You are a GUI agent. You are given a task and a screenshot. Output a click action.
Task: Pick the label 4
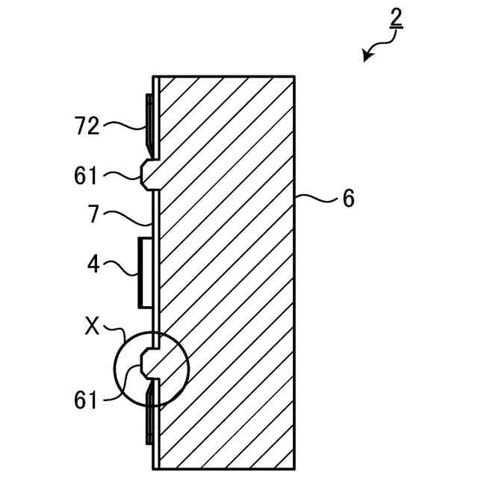93,264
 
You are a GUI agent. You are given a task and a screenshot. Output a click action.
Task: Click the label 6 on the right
348,199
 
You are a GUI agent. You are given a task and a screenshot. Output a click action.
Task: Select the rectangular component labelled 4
145,272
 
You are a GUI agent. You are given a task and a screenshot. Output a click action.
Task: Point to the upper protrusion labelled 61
146,173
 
